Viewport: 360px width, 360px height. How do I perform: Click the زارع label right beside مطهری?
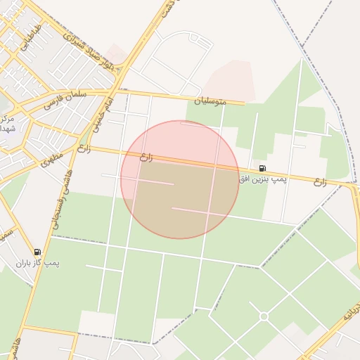84,148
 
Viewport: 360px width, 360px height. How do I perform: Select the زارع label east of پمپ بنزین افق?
320,182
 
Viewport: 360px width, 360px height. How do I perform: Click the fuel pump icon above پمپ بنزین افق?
262,168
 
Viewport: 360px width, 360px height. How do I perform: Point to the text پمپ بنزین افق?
263,180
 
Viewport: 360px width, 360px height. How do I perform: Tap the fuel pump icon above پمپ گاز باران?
37,252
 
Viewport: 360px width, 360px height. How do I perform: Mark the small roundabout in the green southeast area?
264,316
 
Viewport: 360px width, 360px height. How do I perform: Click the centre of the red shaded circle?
180,179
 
